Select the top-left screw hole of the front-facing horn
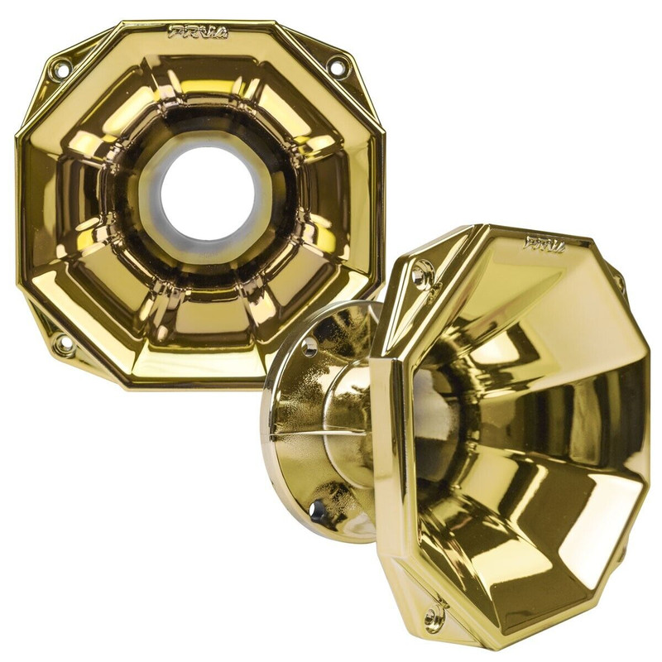click(60, 70)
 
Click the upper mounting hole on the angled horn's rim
click(422, 272)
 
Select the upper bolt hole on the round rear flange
click(309, 345)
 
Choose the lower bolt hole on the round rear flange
click(318, 511)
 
